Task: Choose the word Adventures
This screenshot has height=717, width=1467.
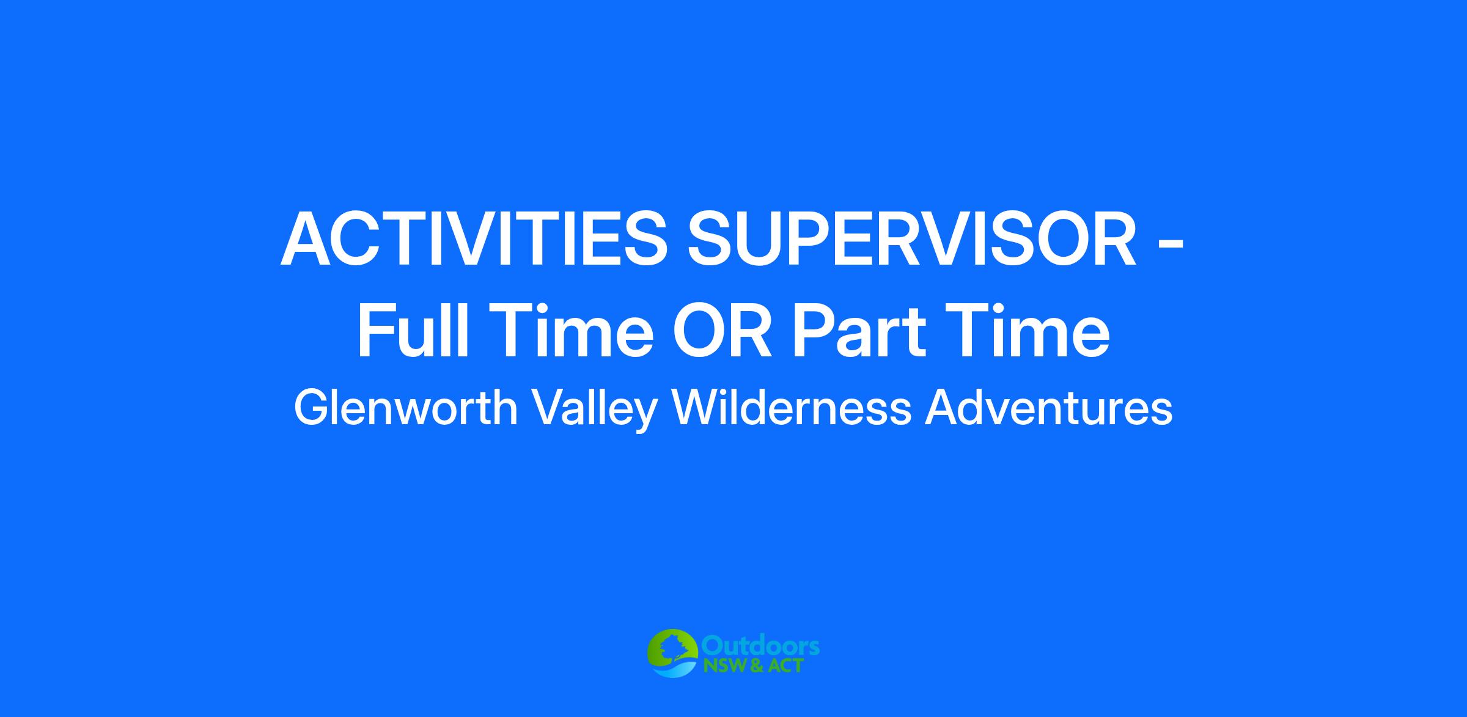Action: [1048, 408]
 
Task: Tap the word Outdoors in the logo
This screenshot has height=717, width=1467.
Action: [760, 646]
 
